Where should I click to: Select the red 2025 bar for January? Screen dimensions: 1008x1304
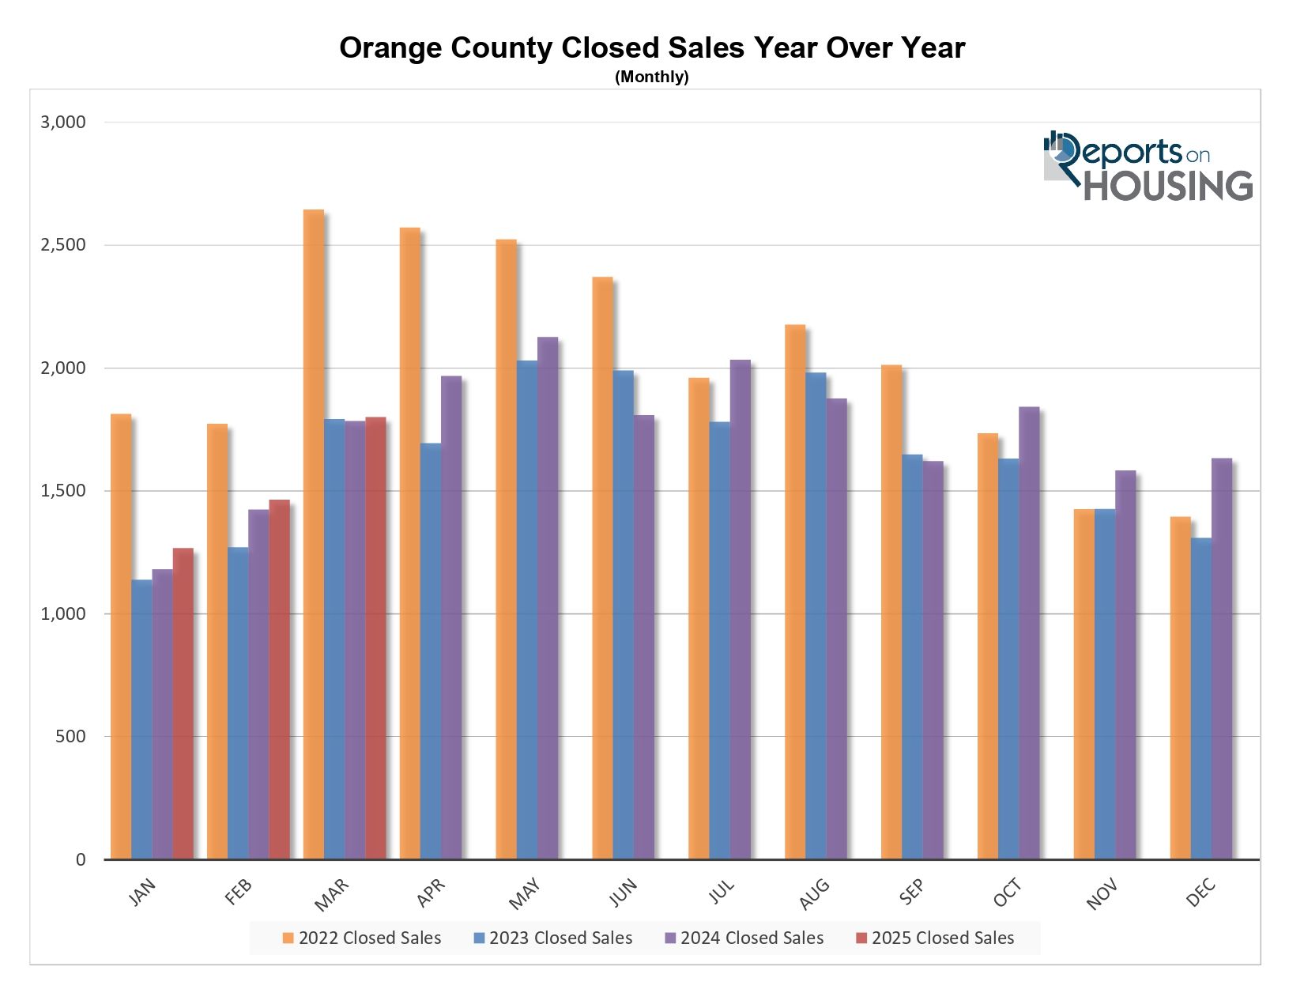(x=183, y=704)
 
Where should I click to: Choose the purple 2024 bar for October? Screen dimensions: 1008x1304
(x=1028, y=632)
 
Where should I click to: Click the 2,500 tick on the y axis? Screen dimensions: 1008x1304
(x=63, y=245)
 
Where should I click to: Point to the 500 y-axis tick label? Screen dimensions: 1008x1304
(x=70, y=737)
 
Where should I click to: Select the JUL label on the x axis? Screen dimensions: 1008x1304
(x=721, y=892)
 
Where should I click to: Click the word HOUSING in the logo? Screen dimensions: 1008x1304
(x=1167, y=185)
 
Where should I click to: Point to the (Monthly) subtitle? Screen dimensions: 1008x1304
(x=651, y=77)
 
